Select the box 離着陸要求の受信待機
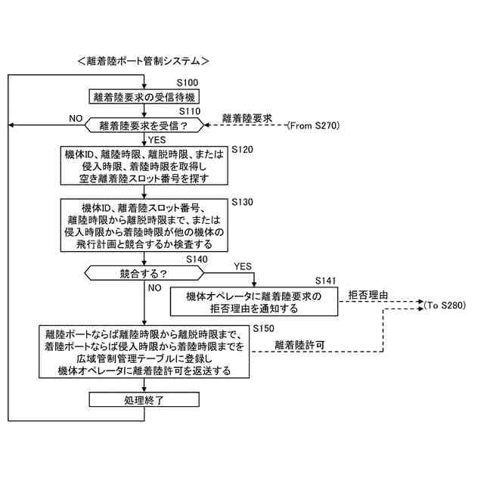(144, 97)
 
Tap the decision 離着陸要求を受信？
(144, 125)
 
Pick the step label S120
(241, 150)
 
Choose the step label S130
(241, 202)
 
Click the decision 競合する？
(144, 272)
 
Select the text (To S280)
(445, 305)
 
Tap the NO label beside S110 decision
(75, 119)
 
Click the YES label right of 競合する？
(242, 266)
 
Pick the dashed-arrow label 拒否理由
(368, 293)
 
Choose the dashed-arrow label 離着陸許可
(300, 345)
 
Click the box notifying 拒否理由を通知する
(253, 302)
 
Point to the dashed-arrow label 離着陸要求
(247, 119)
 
